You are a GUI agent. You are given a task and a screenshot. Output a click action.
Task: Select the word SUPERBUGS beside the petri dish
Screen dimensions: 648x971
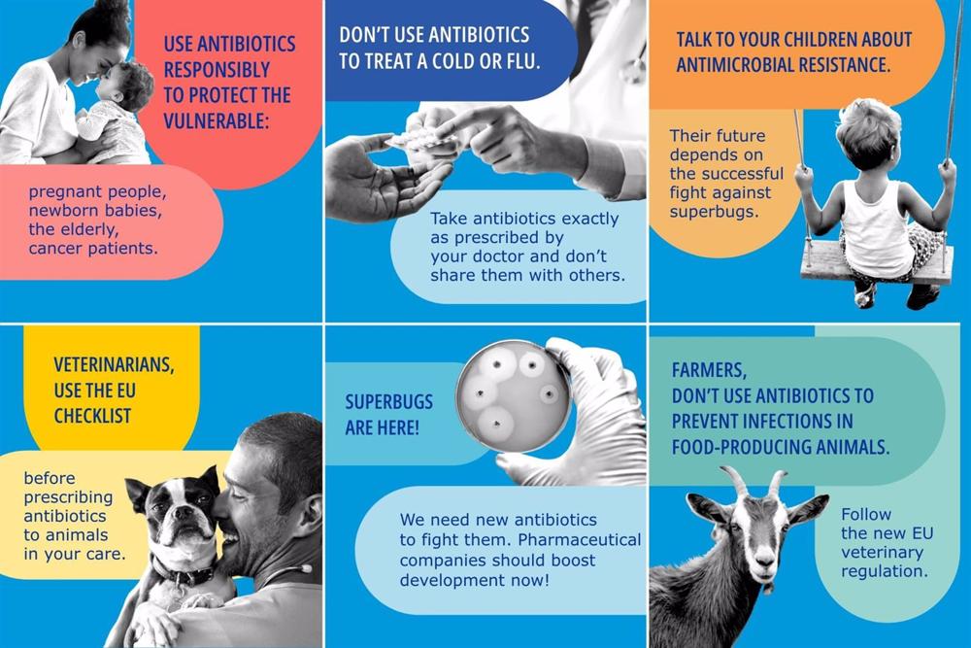389,402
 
